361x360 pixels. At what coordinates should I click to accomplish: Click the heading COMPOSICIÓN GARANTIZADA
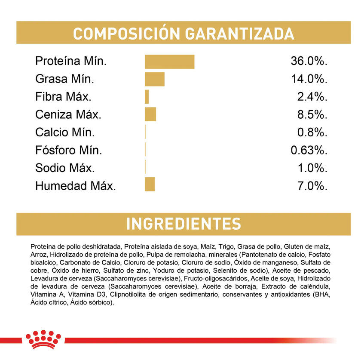184,34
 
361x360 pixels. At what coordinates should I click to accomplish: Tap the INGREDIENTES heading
184,224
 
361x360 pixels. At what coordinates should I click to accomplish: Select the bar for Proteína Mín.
169,62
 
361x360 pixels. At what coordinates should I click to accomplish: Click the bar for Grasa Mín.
154,79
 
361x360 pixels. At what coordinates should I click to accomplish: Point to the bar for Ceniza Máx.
150,114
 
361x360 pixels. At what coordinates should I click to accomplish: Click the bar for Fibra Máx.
147,97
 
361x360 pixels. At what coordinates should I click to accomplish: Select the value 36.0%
309,62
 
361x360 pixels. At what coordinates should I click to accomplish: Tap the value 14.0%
309,79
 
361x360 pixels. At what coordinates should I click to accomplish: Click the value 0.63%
309,150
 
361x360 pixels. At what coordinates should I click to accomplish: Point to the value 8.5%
312,114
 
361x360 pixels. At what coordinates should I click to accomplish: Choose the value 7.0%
312,186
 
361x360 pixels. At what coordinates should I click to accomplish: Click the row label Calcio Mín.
65,132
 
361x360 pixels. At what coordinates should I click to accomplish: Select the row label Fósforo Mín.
69,150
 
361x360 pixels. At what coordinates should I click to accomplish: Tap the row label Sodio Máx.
65,168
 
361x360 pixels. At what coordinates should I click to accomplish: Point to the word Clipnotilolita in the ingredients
129,294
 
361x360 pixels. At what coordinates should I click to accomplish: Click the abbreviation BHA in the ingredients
322,294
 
